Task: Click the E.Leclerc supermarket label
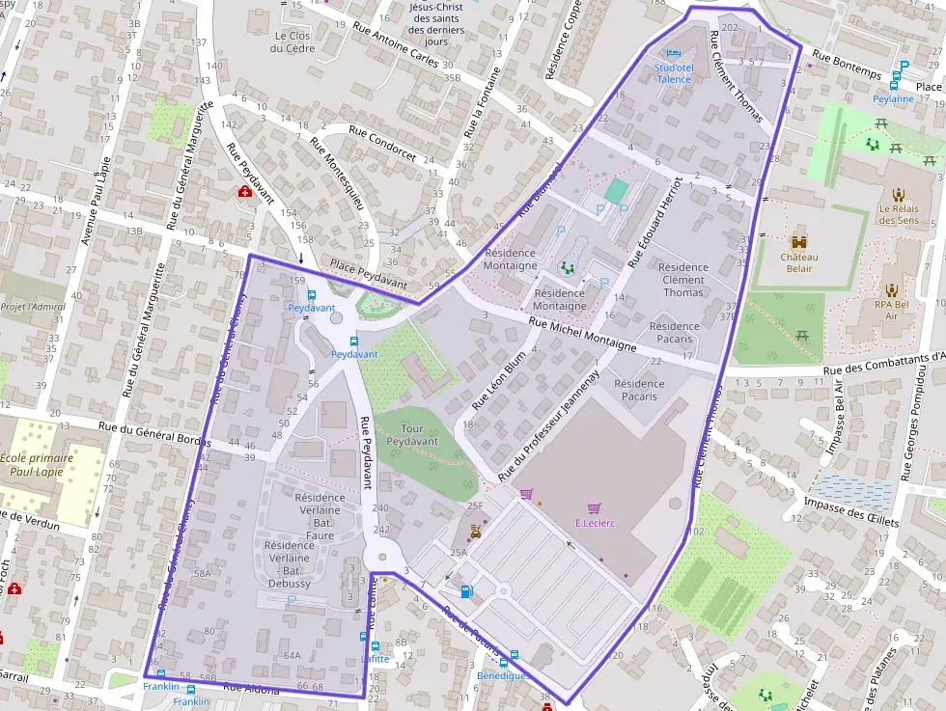[x=595, y=523]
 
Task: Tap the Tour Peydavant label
[x=412, y=434]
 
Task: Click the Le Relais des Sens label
[x=898, y=213]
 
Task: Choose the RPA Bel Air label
[x=891, y=310]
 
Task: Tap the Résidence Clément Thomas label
[x=683, y=280]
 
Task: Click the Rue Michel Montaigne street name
[x=582, y=333]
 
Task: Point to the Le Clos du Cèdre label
[x=288, y=41]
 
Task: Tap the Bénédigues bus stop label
[x=502, y=676]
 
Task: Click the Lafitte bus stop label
[x=375, y=659]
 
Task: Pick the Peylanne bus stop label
[x=893, y=98]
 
